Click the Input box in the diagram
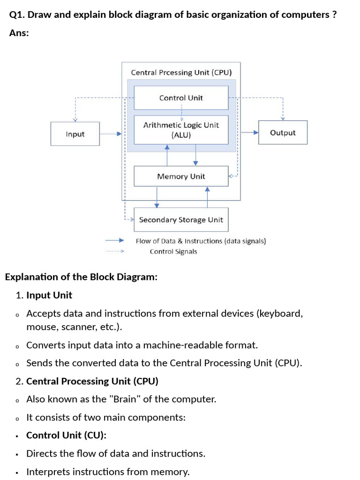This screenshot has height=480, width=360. pyautogui.click(x=75, y=134)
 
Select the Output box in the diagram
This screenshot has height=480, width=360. pyautogui.click(x=283, y=133)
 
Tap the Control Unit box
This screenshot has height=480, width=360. pyautogui.click(x=181, y=98)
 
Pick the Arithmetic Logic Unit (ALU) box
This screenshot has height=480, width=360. pyautogui.click(x=181, y=130)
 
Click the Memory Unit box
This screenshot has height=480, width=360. pyautogui.click(x=181, y=176)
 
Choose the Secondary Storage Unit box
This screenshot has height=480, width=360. pyautogui.click(x=181, y=220)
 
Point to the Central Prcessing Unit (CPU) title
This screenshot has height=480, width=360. pyautogui.click(x=181, y=73)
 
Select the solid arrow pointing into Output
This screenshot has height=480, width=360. pyautogui.click(x=249, y=133)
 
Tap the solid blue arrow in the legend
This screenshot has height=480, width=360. pyautogui.click(x=114, y=240)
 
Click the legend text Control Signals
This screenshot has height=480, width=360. pyautogui.click(x=173, y=252)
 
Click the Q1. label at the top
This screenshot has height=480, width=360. pyautogui.click(x=17, y=15)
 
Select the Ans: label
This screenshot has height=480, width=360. pyautogui.click(x=19, y=33)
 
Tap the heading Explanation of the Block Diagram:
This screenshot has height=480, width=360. pyautogui.click(x=81, y=277)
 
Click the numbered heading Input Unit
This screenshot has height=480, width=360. pyautogui.click(x=49, y=295)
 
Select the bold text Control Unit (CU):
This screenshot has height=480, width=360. pyautogui.click(x=66, y=435)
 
